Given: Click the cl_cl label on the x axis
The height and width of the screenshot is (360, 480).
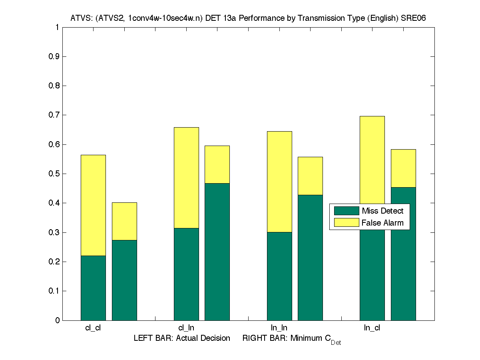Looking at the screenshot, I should click(x=93, y=328).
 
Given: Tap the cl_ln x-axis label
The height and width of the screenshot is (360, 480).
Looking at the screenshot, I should click(x=186, y=328).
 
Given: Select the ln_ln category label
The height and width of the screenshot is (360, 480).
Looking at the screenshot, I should click(x=279, y=328).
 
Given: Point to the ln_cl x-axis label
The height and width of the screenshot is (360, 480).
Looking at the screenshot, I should click(x=372, y=328).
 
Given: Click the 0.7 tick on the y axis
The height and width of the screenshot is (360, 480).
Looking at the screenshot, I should click(x=54, y=115).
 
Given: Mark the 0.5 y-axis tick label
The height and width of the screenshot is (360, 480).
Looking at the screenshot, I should click(x=54, y=174).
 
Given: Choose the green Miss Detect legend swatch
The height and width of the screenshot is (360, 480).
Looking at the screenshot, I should click(x=346, y=211).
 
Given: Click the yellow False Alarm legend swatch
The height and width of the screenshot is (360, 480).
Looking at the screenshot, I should click(x=346, y=223).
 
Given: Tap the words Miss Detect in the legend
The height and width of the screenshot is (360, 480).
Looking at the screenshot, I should click(x=382, y=211).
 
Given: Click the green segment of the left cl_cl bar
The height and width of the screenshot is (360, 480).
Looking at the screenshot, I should click(x=93, y=288).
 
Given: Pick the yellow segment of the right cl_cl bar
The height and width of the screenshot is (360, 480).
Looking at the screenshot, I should click(x=124, y=221).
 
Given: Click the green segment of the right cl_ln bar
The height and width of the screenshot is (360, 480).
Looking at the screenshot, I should click(x=217, y=252).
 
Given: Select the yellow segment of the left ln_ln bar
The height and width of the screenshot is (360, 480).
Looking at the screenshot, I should click(x=279, y=182).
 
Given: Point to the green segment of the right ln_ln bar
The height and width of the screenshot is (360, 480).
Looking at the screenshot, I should click(x=310, y=258).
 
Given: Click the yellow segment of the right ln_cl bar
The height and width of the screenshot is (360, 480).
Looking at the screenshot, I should click(x=403, y=168).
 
